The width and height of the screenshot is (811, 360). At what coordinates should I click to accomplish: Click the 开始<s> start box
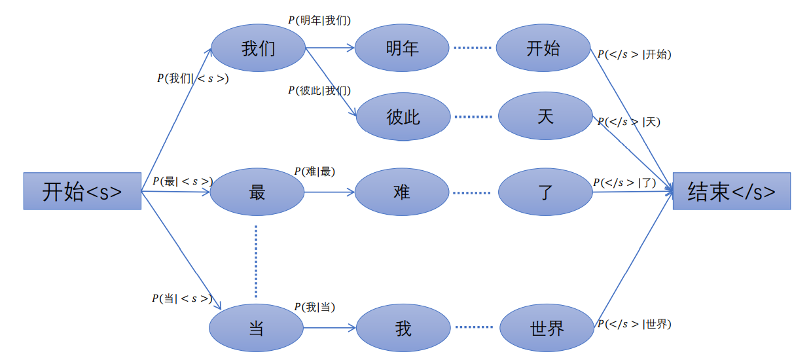[x=82, y=191]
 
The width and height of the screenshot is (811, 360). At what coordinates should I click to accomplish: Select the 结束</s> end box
[x=731, y=191]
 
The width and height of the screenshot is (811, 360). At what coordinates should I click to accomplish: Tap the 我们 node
[x=259, y=48]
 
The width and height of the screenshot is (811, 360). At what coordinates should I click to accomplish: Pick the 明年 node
[x=402, y=48]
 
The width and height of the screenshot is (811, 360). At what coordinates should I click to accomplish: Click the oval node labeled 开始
[x=543, y=48]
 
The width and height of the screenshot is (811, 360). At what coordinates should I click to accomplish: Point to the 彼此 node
[x=403, y=117]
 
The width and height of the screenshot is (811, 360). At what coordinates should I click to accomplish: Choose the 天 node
[x=545, y=116]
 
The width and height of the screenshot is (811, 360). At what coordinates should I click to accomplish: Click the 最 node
[x=257, y=192]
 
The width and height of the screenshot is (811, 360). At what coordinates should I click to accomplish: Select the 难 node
[x=402, y=192]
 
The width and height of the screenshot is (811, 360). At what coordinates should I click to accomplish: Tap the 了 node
[x=545, y=192]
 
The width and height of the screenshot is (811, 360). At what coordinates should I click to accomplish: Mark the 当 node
[x=256, y=327]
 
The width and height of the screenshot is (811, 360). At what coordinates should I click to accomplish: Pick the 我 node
[x=404, y=327]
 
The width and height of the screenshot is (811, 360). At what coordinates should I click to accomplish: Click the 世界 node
[x=547, y=327]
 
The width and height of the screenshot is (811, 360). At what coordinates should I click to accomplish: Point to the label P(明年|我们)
[x=319, y=20]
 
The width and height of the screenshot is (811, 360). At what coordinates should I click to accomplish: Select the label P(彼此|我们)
[x=319, y=90]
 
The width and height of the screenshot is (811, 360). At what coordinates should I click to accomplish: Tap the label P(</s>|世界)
[x=634, y=324]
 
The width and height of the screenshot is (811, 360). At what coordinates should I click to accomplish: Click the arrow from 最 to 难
[x=329, y=192]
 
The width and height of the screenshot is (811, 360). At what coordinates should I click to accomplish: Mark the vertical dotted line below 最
[x=256, y=261]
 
